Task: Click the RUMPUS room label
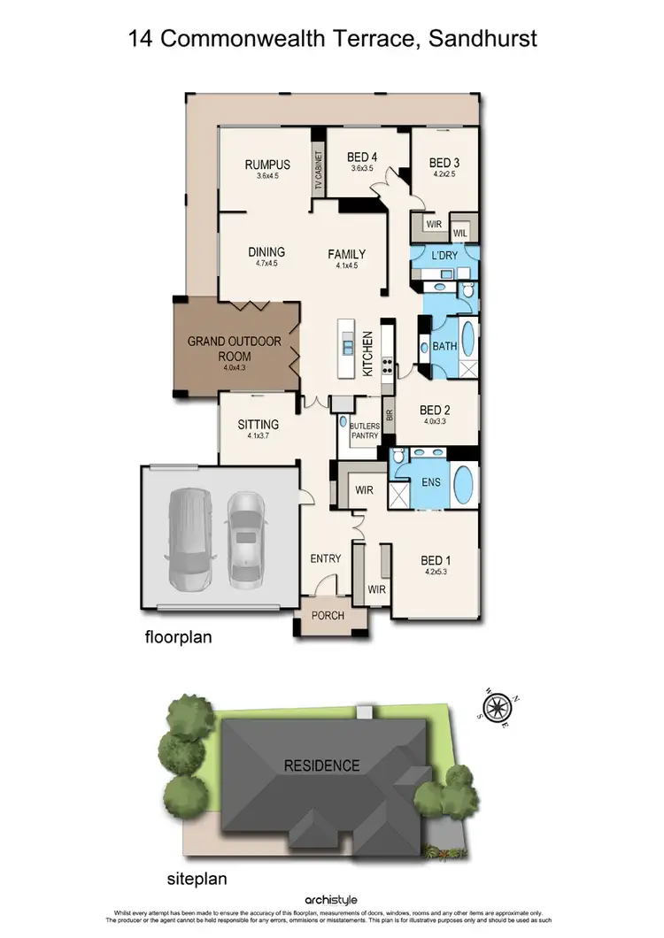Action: pyautogui.click(x=261, y=164)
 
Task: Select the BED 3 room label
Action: pyautogui.click(x=444, y=163)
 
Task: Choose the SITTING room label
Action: pyautogui.click(x=259, y=424)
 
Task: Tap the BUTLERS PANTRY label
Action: pyautogui.click(x=365, y=430)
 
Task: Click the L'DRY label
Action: pyautogui.click(x=445, y=255)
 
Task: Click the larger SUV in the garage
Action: pyautogui.click(x=188, y=542)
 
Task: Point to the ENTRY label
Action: pyautogui.click(x=325, y=558)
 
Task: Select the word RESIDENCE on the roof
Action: pyautogui.click(x=321, y=765)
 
